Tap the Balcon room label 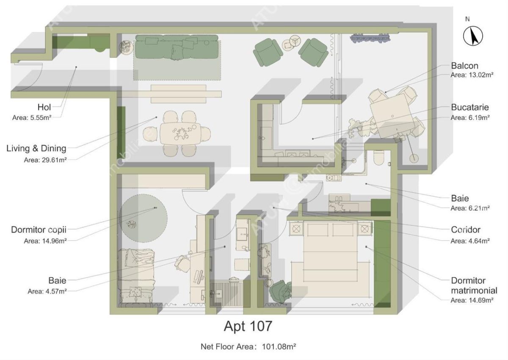[x=464, y=66]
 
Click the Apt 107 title [x=248, y=327]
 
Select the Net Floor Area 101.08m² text [x=248, y=346]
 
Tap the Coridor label [x=466, y=230]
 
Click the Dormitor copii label [x=39, y=230]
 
